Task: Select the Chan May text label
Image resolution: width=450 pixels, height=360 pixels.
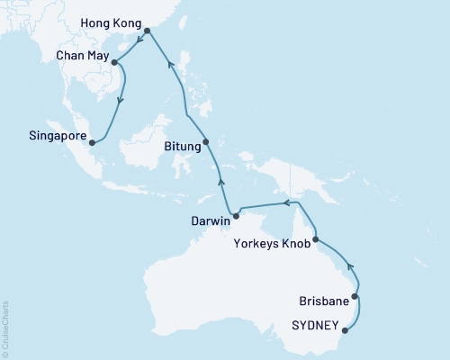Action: (x=83, y=56)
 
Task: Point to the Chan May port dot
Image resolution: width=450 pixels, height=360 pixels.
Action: (x=114, y=62)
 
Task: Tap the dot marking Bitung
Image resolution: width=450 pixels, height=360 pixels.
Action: (x=206, y=141)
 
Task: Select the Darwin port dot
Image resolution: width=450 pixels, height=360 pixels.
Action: (x=236, y=214)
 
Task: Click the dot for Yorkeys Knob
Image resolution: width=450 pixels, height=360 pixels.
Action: (x=315, y=239)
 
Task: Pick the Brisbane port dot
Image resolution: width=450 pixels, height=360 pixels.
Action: (x=355, y=296)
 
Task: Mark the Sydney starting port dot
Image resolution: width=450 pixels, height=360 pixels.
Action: (x=346, y=331)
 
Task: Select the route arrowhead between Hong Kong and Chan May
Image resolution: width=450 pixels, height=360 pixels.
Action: (x=139, y=39)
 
